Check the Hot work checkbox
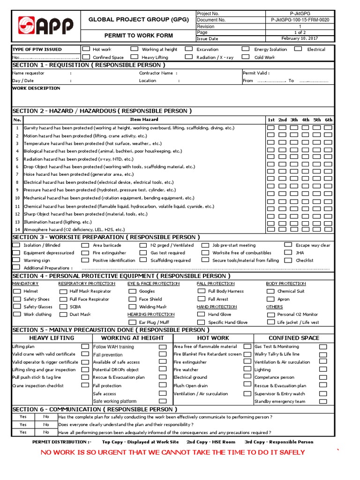[x=86, y=49]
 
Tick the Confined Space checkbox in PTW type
[x=86, y=57]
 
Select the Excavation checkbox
[x=188, y=49]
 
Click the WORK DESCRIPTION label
[x=36, y=88]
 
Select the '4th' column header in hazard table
[x=306, y=120]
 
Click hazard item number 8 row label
[x=17, y=182]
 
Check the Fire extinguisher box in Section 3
[x=85, y=253]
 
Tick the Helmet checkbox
[x=16, y=291]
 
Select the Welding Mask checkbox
[x=132, y=307]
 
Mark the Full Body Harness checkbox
[x=201, y=291]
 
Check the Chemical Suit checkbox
[x=270, y=291]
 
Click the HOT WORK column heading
[x=213, y=338]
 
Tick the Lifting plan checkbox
[x=85, y=346]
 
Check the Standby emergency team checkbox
[x=323, y=401]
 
